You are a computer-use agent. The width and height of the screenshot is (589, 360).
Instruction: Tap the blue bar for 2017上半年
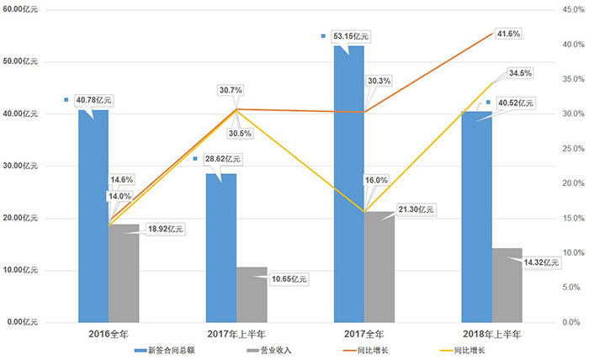[221, 248]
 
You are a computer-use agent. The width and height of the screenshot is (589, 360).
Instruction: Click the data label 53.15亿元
[351, 36]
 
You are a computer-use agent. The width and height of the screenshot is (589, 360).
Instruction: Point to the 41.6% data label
[508, 34]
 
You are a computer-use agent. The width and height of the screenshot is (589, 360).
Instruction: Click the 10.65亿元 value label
[289, 279]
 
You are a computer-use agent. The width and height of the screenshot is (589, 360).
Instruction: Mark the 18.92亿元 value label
[163, 229]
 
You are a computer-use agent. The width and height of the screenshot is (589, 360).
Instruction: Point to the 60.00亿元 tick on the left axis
[21, 9]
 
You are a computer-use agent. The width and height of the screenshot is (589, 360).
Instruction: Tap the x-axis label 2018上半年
[492, 334]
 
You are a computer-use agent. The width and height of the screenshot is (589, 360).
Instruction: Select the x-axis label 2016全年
[109, 334]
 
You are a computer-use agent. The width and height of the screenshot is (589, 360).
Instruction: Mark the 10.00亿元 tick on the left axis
[21, 270]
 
